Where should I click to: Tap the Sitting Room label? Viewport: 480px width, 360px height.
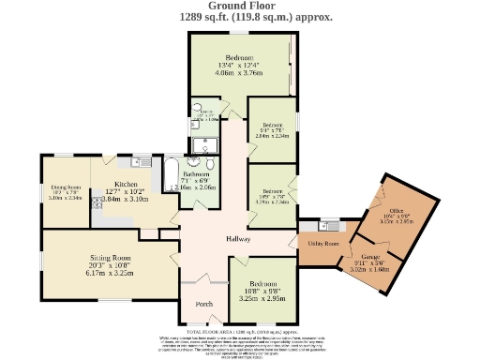[x=110, y=257]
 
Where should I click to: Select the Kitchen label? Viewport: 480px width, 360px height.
[x=126, y=184]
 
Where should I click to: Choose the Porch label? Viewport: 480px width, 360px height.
[x=203, y=306]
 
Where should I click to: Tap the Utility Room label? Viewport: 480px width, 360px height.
[x=322, y=244]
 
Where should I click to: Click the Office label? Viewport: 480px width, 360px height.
[x=396, y=211]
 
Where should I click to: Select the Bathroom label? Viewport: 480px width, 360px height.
[x=196, y=174]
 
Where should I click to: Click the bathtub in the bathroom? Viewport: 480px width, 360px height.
[x=172, y=177]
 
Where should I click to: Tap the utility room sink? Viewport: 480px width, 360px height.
[x=327, y=225]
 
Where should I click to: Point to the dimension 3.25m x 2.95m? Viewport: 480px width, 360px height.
[x=262, y=297]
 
